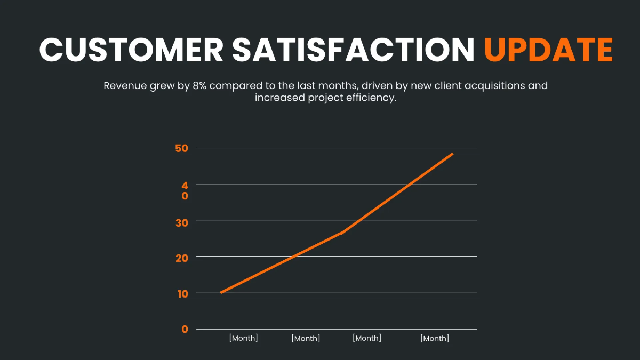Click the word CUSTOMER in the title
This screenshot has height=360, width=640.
point(132,50)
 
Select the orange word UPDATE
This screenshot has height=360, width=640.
point(548,50)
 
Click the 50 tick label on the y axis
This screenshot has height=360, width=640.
point(181,148)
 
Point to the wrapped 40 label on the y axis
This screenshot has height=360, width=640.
point(185,191)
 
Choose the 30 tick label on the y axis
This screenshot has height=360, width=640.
point(181,222)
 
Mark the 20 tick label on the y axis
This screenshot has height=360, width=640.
point(181,258)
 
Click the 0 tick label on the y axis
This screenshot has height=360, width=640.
point(185,330)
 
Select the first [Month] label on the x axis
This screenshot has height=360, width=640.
point(243,338)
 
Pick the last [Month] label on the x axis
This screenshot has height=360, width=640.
point(435,338)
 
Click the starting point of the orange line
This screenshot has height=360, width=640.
point(221,292)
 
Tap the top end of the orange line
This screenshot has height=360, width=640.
point(452,154)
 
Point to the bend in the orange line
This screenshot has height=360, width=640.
point(342,233)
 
